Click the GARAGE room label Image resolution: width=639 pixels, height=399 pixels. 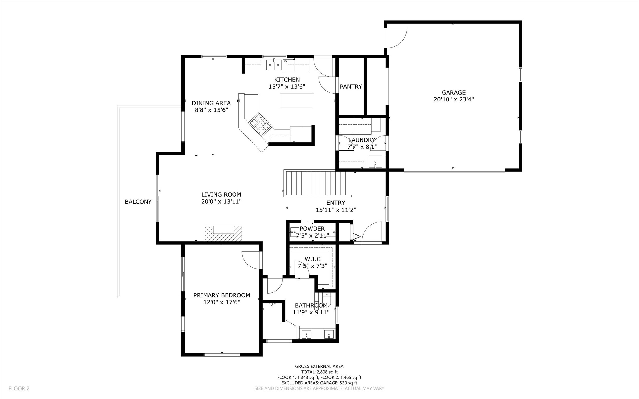click(x=454, y=92)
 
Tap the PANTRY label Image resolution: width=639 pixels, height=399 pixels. click(x=351, y=87)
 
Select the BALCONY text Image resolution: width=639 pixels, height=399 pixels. click(x=138, y=202)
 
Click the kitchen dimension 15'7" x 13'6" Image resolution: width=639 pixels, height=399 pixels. click(x=287, y=87)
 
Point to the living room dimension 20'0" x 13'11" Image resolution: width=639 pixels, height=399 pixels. click(x=221, y=202)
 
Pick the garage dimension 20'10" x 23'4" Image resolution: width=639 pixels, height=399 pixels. click(x=454, y=99)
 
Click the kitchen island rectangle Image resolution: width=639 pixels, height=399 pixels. click(x=297, y=101)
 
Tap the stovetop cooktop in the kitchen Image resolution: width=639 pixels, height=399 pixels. click(x=260, y=124)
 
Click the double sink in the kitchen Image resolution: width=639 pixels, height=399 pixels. click(x=274, y=65)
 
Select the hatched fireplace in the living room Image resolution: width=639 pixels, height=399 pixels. click(x=223, y=234)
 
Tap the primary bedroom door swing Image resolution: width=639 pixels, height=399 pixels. click(x=251, y=260)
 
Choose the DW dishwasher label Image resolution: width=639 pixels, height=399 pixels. click(x=285, y=61)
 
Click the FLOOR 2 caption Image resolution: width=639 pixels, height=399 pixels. click(x=19, y=388)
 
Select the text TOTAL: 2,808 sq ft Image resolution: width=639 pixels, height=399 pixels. click(x=319, y=372)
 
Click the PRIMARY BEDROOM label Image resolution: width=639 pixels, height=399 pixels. click(x=222, y=295)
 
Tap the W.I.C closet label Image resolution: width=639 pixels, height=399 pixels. click(x=312, y=259)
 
